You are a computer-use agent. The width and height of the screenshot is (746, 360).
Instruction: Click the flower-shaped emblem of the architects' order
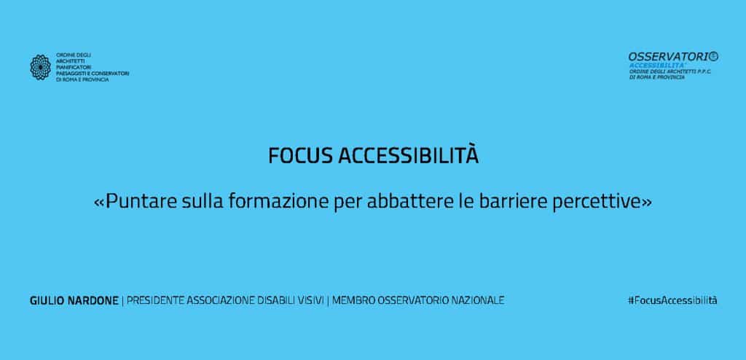click(41, 67)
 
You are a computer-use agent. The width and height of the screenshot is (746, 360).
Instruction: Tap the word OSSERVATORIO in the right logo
click(673, 57)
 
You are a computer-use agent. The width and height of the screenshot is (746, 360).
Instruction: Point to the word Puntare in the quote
click(141, 202)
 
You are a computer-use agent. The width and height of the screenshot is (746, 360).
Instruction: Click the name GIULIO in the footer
click(45, 301)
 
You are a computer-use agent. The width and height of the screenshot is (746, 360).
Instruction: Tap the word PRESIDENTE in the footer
click(156, 301)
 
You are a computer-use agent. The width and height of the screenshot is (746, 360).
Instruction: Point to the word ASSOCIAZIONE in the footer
click(221, 301)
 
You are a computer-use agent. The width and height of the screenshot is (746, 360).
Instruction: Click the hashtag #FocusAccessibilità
click(672, 300)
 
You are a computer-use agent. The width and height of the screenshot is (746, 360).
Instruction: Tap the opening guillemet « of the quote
click(99, 203)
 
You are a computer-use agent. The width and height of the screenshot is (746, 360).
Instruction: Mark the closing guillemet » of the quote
click(647, 203)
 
